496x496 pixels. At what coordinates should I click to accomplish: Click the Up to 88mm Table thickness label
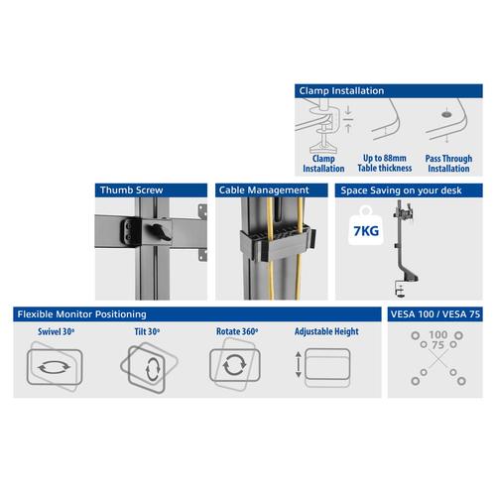click(x=382, y=164)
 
